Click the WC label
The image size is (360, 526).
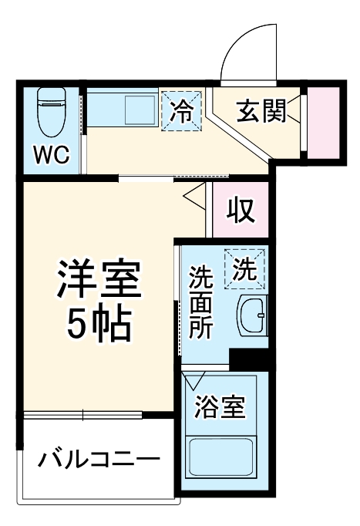click(52, 155)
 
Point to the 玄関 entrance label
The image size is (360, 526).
click(261, 112)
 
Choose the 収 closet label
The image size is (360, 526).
click(241, 209)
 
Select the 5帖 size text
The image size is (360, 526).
click(98, 326)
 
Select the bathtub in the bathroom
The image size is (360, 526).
click(220, 458)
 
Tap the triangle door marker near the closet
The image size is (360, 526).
click(193, 194)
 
